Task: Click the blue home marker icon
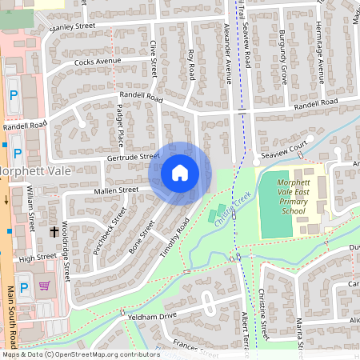click(180, 173)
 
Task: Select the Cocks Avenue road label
click(97, 61)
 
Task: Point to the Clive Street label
click(151, 59)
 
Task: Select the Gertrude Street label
click(133, 158)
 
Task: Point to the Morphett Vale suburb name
click(35, 171)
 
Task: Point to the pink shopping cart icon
click(45, 286)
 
